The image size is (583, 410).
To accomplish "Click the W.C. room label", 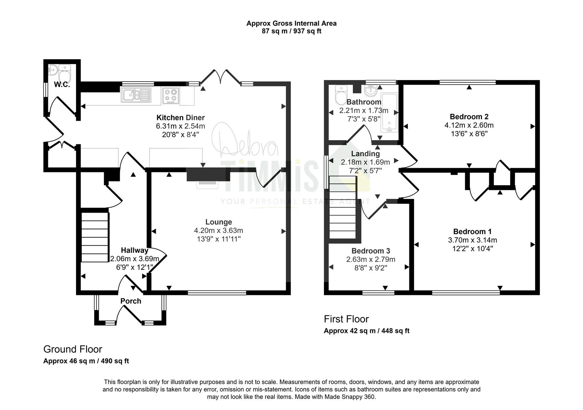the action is point(62,85).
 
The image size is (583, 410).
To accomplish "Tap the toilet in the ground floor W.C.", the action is point(65,73).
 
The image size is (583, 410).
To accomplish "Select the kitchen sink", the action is point(136,95).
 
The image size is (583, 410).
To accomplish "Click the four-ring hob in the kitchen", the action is point(171,95).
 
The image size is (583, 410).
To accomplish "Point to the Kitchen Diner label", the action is point(180,118).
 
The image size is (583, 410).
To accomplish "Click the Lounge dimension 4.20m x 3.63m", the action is point(219,230).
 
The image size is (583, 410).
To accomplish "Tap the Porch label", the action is point(131,301).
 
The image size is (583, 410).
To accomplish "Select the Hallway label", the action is point(134,250).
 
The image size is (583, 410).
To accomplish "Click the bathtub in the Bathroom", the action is point(389,112).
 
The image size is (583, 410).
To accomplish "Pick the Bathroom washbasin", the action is point(371,90).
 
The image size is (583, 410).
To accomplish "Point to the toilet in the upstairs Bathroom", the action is point(341,95).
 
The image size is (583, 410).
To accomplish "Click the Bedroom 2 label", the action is point(469,117).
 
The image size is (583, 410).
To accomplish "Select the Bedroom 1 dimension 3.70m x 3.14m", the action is point(472,240).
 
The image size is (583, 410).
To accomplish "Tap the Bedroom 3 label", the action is point(371,251).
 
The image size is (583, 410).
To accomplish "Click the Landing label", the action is point(365,154).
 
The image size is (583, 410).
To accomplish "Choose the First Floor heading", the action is point(346,319).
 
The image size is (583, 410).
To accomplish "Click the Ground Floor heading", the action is point(73,349).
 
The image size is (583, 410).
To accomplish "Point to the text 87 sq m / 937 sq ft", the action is point(292,31).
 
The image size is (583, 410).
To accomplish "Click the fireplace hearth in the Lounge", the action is point(208,185).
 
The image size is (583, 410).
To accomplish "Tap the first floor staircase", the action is point(343,207).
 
